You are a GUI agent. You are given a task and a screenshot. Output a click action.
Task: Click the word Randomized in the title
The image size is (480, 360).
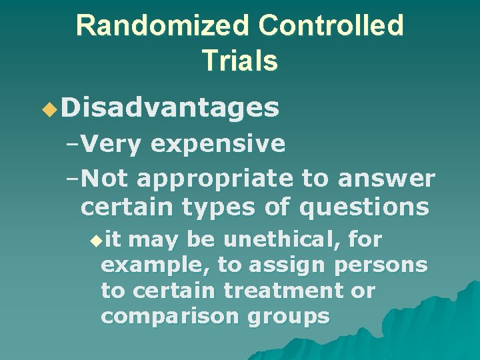[163, 26]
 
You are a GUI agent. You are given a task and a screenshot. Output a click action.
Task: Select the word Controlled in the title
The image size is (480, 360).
[331, 26]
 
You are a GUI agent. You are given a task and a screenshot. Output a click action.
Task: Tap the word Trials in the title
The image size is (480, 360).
[239, 61]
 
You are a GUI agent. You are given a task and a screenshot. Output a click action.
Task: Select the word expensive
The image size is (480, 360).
[218, 143]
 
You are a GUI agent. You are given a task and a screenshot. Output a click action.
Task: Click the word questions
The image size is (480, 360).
[364, 207]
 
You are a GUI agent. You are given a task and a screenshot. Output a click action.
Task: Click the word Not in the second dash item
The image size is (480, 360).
[109, 178]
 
